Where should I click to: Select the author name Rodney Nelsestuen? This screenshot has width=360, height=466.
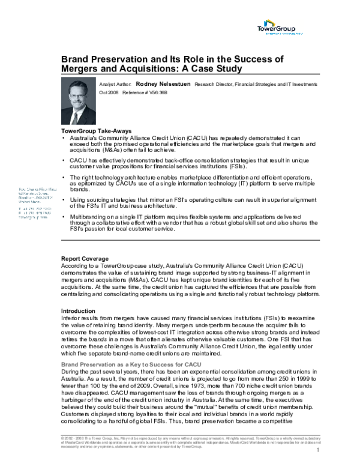coord(163,85)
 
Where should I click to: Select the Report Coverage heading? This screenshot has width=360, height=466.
coord(88,258)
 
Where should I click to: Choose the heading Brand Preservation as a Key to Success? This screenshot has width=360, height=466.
coord(127,364)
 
